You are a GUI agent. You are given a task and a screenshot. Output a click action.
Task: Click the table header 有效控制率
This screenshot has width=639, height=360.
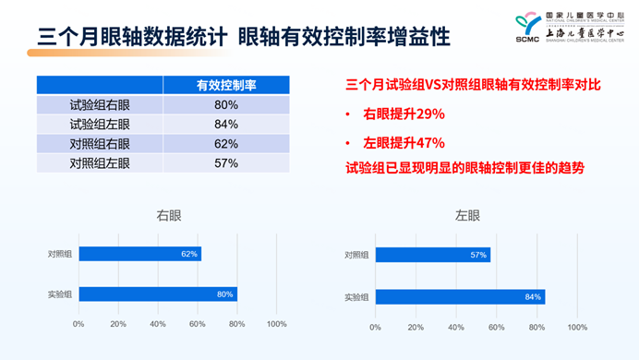click(x=226, y=85)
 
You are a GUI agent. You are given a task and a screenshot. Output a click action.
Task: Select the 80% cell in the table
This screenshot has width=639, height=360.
click(x=226, y=104)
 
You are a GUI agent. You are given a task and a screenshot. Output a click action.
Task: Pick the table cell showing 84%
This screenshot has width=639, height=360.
click(x=226, y=124)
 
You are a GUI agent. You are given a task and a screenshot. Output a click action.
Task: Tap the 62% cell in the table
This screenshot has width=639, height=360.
click(x=226, y=143)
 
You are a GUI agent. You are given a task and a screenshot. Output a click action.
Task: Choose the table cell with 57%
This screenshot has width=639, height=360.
click(x=226, y=162)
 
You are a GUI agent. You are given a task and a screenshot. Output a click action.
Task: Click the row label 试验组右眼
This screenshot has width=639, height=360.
click(x=100, y=104)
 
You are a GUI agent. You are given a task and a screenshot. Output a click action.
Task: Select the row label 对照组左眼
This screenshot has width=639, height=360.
click(x=100, y=162)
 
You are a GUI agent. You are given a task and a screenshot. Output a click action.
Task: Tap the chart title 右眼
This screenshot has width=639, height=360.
click(x=169, y=216)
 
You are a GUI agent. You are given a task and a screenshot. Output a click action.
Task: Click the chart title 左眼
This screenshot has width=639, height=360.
click(x=467, y=216)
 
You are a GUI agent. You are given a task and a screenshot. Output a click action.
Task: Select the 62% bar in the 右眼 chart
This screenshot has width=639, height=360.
click(x=139, y=254)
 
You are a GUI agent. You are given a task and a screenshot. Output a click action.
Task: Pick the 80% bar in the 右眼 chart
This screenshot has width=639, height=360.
click(x=157, y=294)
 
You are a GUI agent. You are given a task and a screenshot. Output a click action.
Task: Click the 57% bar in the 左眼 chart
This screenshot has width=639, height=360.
click(x=432, y=255)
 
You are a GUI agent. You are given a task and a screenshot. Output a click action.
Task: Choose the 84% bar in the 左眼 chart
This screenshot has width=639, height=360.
click(x=459, y=297)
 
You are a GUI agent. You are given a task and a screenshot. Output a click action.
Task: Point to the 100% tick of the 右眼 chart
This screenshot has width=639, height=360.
click(x=276, y=324)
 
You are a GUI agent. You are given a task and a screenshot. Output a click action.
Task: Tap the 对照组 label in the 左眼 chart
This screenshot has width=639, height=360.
click(x=356, y=255)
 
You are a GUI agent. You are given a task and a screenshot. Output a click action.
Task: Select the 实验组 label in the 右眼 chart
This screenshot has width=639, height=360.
click(x=61, y=294)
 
